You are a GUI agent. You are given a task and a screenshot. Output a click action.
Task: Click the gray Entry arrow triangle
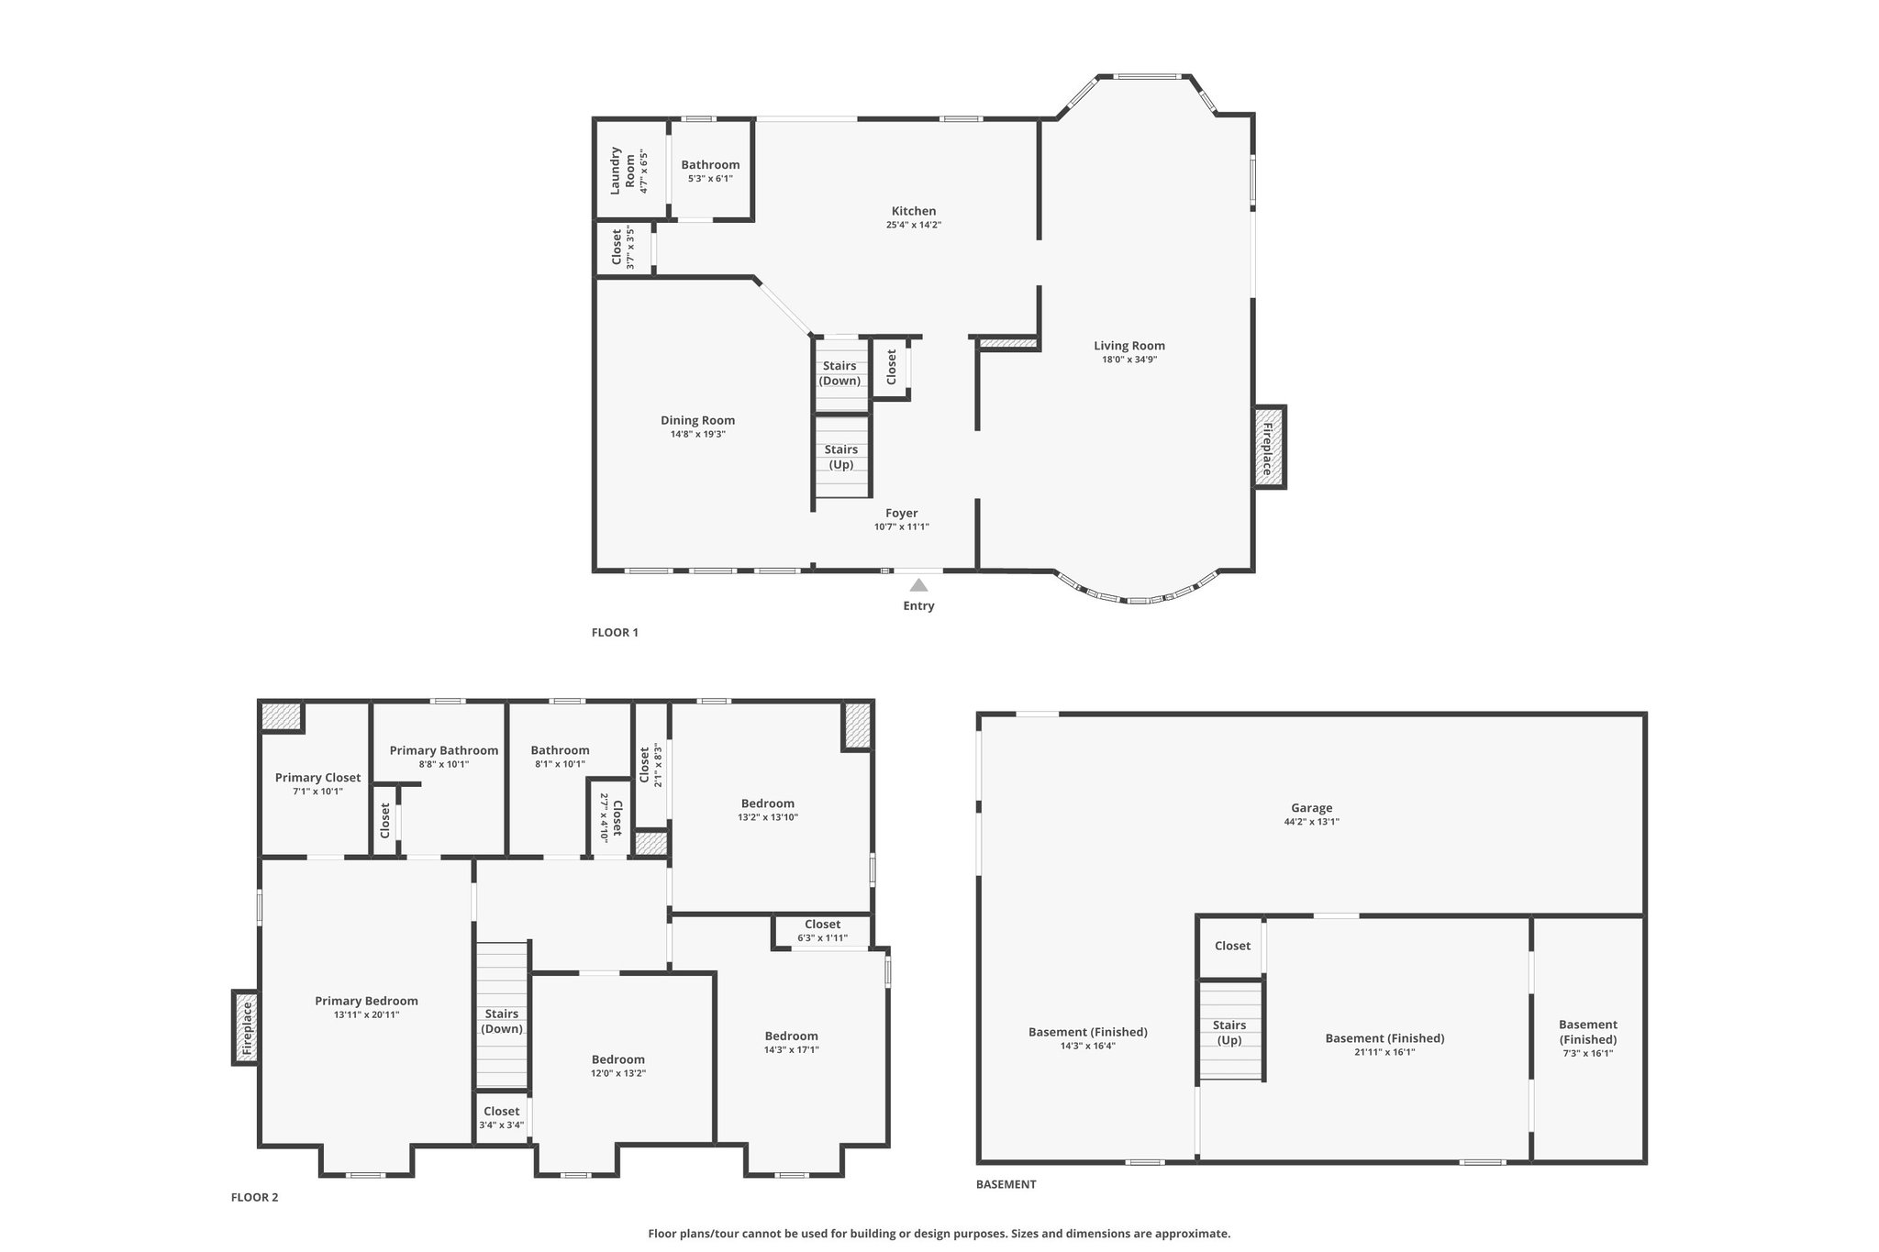click(918, 584)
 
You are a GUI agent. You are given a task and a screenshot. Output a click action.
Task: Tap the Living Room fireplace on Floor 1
click(1270, 447)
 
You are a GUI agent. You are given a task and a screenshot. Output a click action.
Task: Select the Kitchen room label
click(914, 211)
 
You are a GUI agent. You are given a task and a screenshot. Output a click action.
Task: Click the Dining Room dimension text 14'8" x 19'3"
click(698, 434)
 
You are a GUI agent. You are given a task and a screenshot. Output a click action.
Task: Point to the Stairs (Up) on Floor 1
click(841, 457)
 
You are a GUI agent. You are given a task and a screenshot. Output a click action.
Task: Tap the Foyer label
click(902, 514)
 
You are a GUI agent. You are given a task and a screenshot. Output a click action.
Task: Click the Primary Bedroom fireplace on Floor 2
click(245, 1027)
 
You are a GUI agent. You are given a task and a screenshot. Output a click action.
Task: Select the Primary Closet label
click(318, 778)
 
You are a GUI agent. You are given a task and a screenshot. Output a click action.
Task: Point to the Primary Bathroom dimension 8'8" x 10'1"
click(444, 764)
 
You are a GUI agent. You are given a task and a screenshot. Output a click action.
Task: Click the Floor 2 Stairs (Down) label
click(502, 1021)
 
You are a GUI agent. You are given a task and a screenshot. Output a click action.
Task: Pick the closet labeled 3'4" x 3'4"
click(502, 1116)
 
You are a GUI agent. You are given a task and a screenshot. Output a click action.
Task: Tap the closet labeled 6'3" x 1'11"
click(822, 930)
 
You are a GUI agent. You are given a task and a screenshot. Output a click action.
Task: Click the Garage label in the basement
click(1312, 808)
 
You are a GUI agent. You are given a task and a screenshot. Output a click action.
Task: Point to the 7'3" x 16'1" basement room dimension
click(1588, 1054)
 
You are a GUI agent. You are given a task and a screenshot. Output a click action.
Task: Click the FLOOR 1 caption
click(615, 632)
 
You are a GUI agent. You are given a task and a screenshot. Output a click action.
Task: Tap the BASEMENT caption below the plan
click(1006, 1184)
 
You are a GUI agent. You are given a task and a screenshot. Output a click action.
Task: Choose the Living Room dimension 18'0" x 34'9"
click(1129, 360)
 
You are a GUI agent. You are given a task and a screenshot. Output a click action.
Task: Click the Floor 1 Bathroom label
click(710, 165)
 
